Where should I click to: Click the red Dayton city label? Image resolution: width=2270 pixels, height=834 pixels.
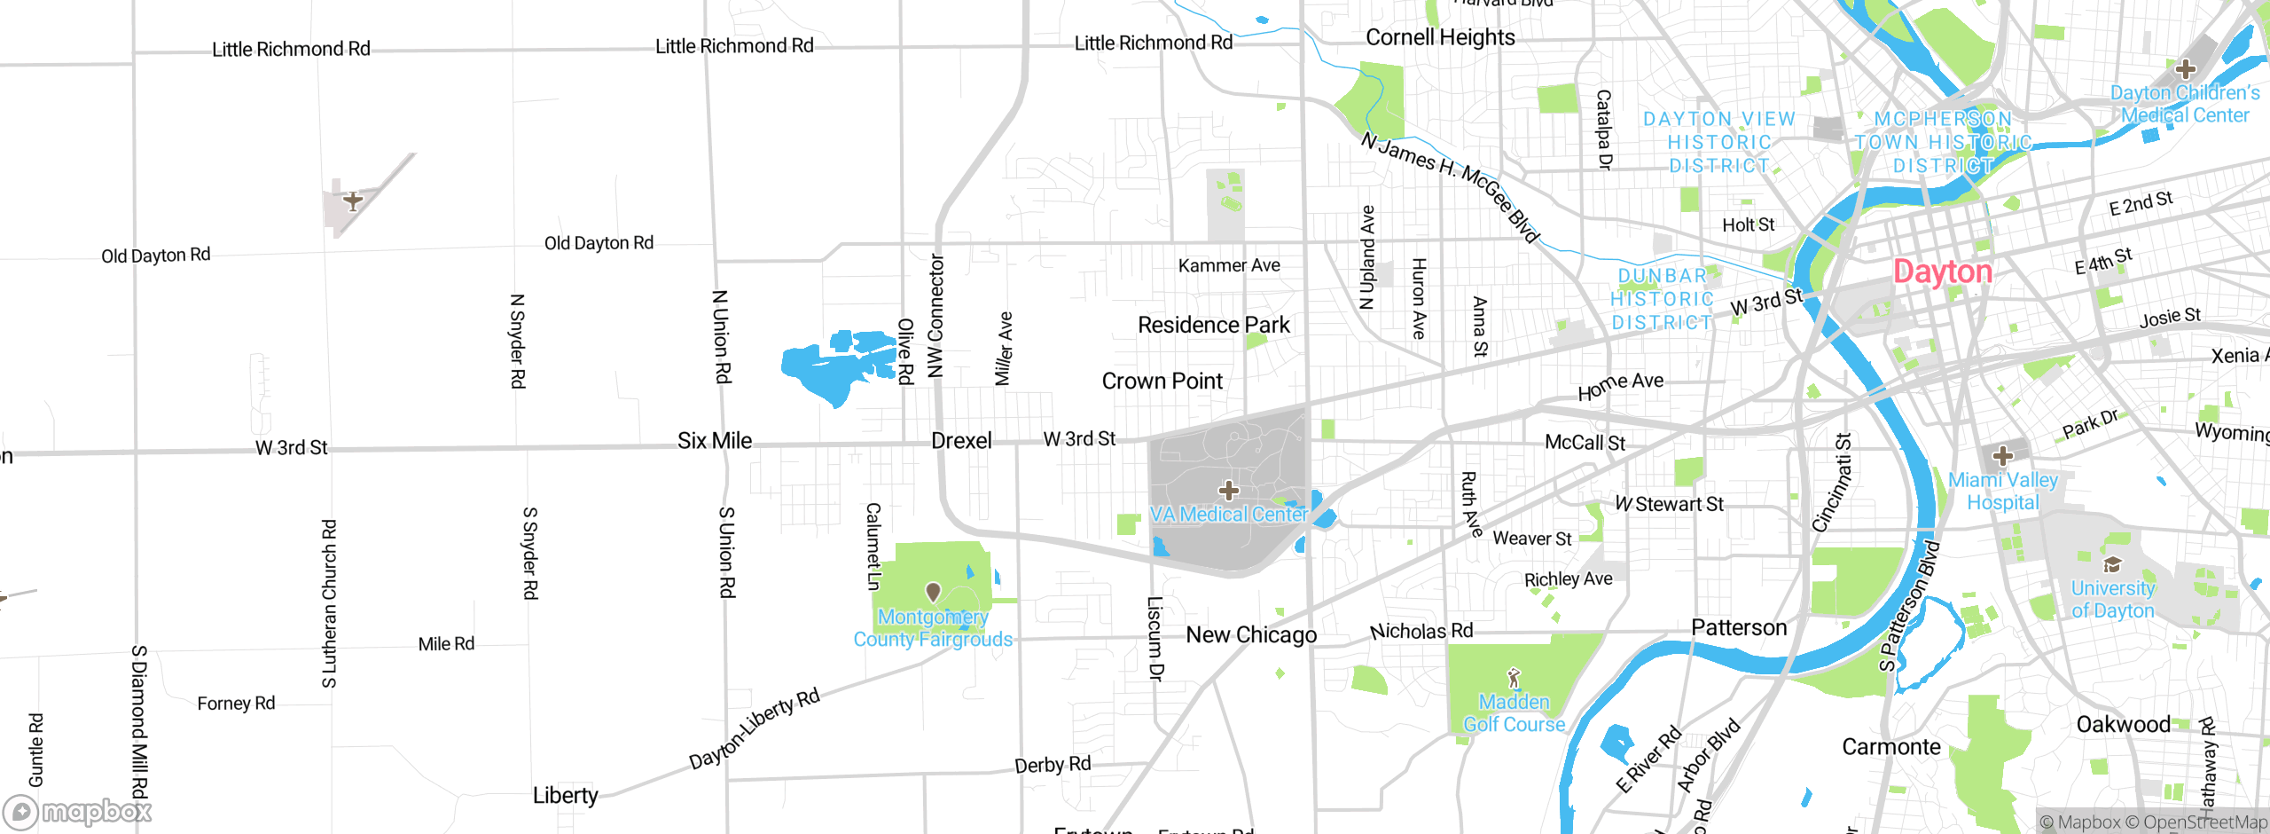pos(1942,271)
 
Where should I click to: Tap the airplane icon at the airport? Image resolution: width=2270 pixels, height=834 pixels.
pos(353,201)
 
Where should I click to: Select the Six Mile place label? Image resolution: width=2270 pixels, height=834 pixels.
pos(714,441)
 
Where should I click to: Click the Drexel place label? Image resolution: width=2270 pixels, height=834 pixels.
pos(961,441)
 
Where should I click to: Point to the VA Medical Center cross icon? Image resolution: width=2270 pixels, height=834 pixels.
pos(1228,490)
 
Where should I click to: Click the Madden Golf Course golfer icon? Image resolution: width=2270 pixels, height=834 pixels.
pos(1514,679)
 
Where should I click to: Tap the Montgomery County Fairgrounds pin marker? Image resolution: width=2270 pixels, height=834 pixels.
pos(933,592)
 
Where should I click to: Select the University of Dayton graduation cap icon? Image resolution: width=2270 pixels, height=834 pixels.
pos(2112,565)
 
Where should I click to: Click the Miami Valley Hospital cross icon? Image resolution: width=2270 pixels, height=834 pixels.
pos(2002,456)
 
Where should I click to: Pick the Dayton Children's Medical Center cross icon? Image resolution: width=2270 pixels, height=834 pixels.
pos(2185,69)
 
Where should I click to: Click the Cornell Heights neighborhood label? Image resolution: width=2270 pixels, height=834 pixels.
pos(1440,37)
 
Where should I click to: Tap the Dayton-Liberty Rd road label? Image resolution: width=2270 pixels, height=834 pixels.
pos(755,728)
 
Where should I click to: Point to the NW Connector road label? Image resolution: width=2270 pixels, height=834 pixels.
pos(935,316)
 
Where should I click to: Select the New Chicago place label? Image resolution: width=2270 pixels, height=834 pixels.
pos(1251,635)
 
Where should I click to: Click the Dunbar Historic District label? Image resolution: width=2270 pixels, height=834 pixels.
pos(1662,300)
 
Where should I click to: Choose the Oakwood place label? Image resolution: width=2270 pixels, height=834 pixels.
pos(2123,725)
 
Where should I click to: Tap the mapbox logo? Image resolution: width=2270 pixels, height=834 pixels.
pos(78,812)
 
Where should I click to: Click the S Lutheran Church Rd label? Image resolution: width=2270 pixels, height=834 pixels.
pos(329,603)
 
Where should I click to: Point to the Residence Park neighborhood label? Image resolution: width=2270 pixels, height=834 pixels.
pos(1213,326)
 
